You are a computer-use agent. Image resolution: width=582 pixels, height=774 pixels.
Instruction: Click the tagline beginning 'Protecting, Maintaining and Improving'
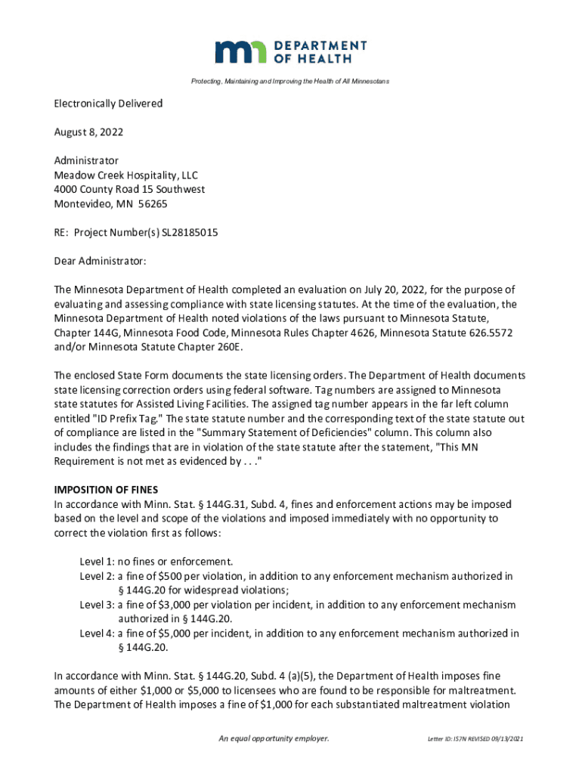[x=290, y=81]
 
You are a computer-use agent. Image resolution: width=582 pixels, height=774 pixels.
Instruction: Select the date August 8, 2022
[x=88, y=132]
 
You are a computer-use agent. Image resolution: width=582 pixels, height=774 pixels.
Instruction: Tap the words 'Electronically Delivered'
[x=108, y=104]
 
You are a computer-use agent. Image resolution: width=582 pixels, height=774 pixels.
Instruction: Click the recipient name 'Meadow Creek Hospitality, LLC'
[x=125, y=175]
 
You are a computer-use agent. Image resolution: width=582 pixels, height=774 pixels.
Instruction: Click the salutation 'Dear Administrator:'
[x=100, y=262]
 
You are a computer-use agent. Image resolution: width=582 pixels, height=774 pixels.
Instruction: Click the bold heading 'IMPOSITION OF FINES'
[x=106, y=490]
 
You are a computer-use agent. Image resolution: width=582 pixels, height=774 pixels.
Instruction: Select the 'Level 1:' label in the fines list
[x=97, y=562]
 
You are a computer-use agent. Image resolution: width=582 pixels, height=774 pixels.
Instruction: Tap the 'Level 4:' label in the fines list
[x=97, y=633]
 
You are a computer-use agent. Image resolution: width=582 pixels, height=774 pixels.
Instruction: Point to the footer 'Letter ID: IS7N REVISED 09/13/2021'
[x=475, y=738]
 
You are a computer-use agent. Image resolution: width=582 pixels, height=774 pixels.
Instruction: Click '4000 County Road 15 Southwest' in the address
[x=129, y=190]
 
